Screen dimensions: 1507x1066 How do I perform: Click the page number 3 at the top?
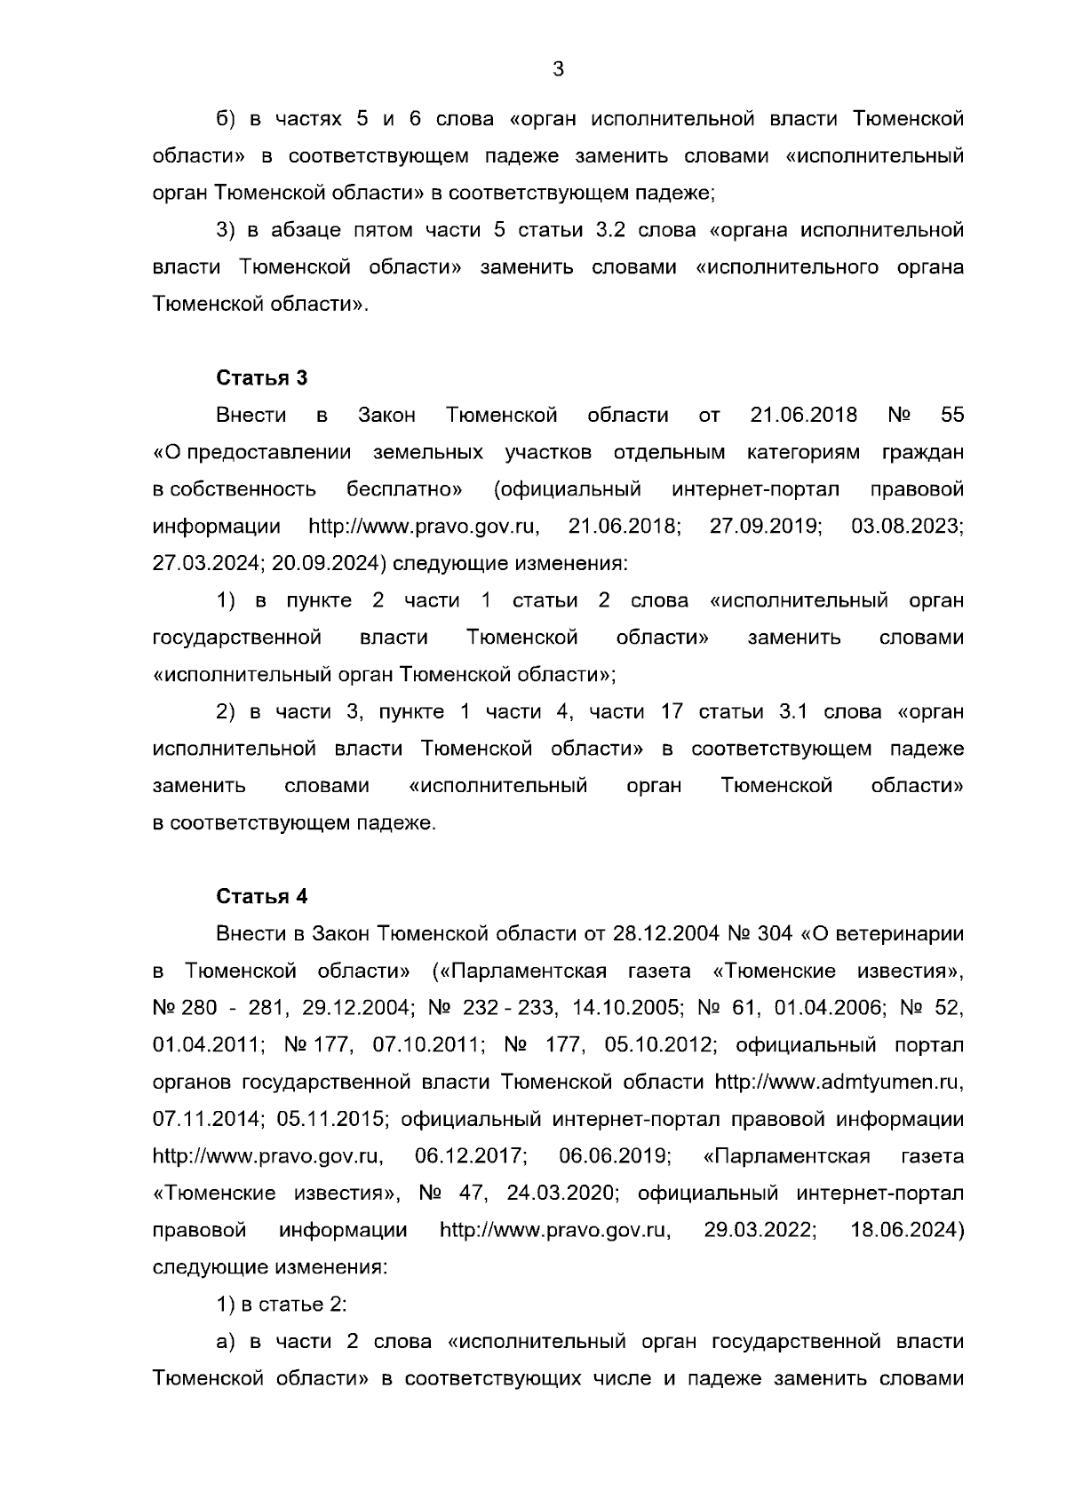tap(558, 69)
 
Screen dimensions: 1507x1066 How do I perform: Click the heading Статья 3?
tap(262, 377)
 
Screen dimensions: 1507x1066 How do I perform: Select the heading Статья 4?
tap(262, 896)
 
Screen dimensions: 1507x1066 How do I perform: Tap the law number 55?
tap(951, 415)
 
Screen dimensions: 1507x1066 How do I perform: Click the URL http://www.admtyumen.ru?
tap(839, 1082)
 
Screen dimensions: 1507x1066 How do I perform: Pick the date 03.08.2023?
tap(907, 526)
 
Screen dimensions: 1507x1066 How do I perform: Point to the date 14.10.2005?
tap(621, 1008)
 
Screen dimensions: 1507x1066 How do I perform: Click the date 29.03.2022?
tap(760, 1230)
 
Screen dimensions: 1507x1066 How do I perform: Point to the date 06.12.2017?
tap(472, 1156)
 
